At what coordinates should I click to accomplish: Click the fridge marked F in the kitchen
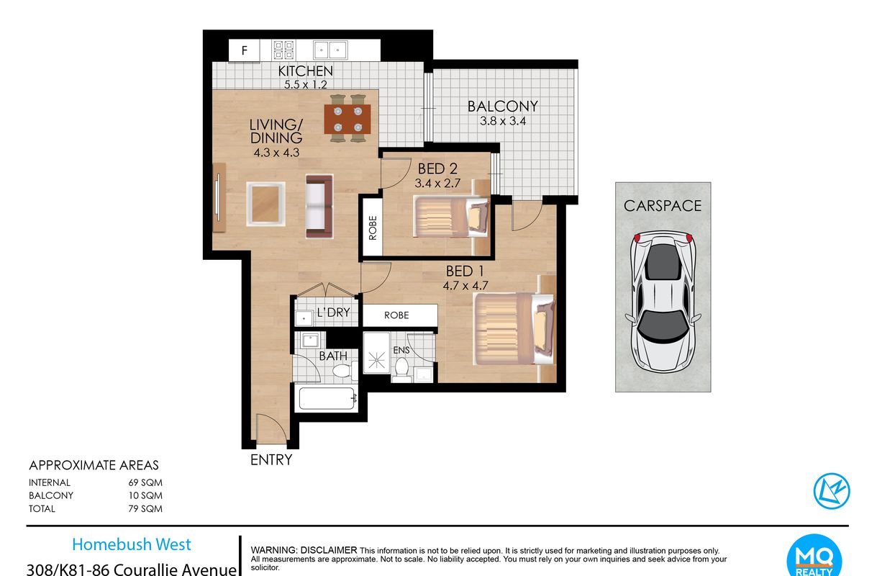tap(245, 50)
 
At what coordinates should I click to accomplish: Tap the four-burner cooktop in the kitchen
tap(284, 50)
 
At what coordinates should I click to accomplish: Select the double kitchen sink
tap(330, 50)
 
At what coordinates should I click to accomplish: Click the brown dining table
tap(347, 119)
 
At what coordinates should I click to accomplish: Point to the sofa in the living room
tap(319, 207)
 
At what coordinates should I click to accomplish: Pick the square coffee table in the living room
tap(265, 204)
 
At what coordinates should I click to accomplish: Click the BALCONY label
tap(503, 106)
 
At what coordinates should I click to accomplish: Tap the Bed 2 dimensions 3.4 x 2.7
tap(437, 183)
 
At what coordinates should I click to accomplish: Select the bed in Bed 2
tap(451, 217)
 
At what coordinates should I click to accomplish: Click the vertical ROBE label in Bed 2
tap(373, 228)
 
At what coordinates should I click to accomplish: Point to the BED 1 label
tap(465, 271)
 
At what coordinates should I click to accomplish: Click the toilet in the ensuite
tap(401, 370)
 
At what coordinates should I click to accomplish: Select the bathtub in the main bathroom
tap(327, 398)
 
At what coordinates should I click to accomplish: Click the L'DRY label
tap(334, 312)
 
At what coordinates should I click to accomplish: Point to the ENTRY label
tap(271, 459)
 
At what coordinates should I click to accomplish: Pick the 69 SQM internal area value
tap(145, 482)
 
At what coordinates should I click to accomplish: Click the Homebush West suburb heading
tap(132, 544)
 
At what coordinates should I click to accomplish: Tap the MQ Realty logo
tap(814, 557)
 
